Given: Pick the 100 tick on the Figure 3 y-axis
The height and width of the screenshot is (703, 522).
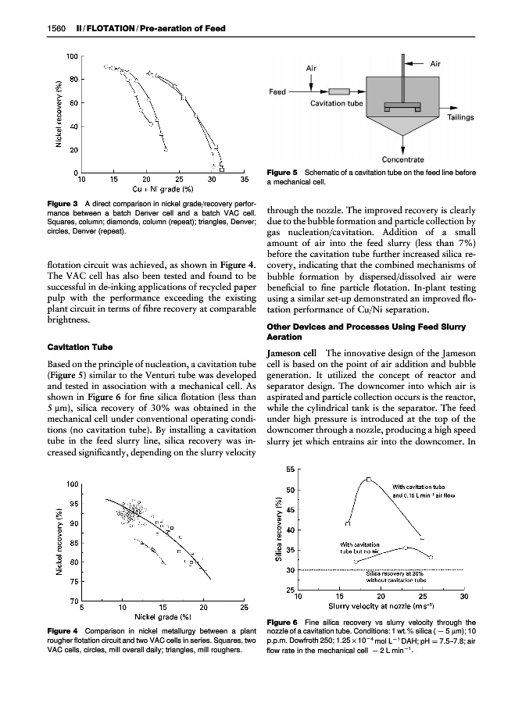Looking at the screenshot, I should (x=71, y=56).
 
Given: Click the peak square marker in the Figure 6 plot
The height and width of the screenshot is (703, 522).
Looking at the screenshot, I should (x=368, y=479).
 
